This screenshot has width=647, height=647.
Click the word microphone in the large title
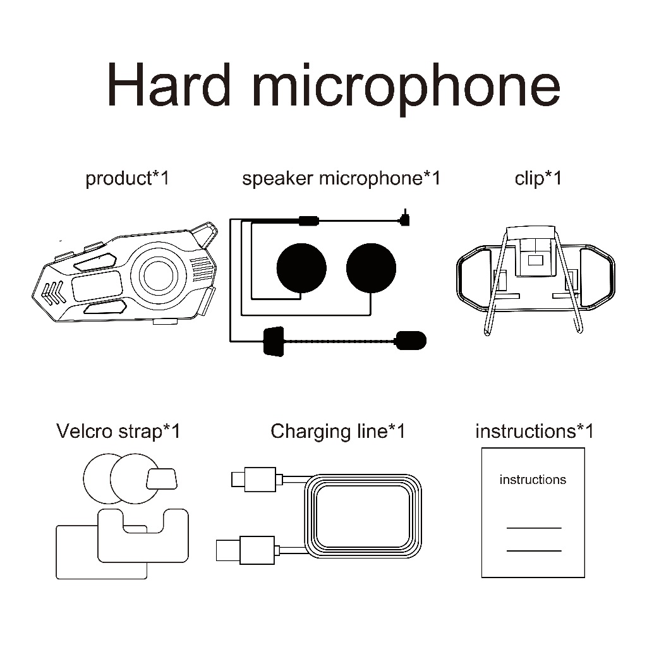point(406,88)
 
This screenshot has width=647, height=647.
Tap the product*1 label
point(127,179)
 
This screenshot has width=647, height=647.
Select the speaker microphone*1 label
point(341,179)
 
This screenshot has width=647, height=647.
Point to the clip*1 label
point(538,179)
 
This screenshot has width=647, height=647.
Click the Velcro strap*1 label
point(118,432)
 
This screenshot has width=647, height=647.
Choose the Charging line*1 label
point(338,432)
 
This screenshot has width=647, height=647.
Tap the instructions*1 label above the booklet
point(535,432)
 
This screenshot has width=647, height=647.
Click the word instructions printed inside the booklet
point(533,480)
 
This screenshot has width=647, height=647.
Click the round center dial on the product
point(159,275)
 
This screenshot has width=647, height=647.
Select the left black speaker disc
point(301,268)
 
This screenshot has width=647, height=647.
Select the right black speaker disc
point(371,268)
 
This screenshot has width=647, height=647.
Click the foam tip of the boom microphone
point(411,341)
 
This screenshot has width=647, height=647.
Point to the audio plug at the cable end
point(405,218)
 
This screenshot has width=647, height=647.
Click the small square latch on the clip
point(536,260)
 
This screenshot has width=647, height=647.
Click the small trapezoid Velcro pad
point(162,479)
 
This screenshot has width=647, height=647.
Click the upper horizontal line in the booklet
point(534,528)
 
